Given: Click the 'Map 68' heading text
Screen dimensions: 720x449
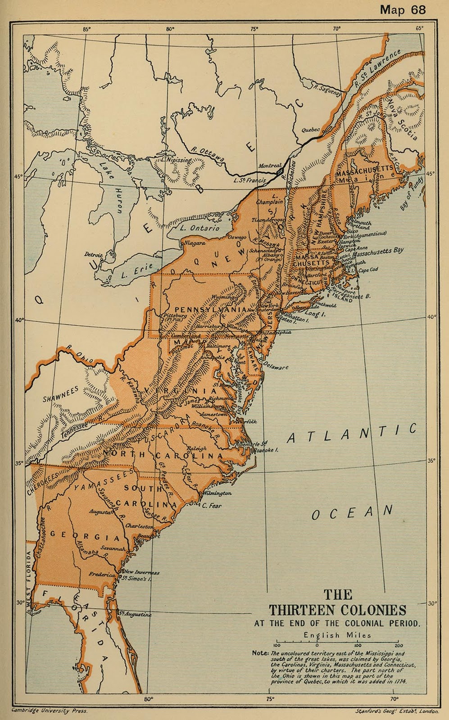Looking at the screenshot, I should [x=403, y=9].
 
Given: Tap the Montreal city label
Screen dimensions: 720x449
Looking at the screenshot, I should [x=270, y=166].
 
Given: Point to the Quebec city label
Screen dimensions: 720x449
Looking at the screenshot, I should [x=310, y=130].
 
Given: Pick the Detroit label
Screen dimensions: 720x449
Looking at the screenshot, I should [x=93, y=255].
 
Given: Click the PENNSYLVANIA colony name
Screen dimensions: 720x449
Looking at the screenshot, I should [x=210, y=310].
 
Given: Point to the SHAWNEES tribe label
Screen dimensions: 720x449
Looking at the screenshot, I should [x=60, y=394].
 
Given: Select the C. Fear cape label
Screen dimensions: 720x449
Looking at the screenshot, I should [x=212, y=505].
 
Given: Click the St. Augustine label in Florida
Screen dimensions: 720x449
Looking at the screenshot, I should [x=135, y=614].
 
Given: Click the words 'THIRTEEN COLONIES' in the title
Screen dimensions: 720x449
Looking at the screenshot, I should [x=337, y=610].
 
